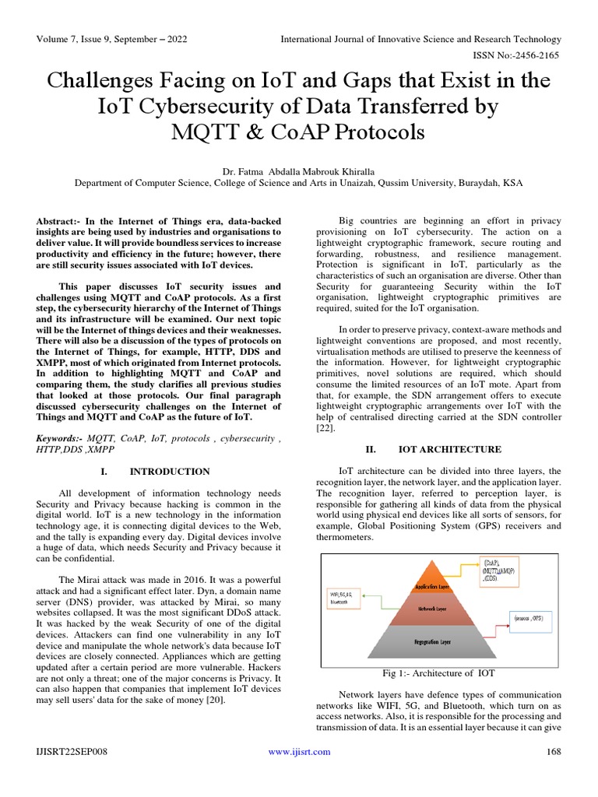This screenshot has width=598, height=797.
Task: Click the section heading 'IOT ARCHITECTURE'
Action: tap(450, 449)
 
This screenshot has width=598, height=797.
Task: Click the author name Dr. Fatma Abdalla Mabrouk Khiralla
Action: tap(299, 170)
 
